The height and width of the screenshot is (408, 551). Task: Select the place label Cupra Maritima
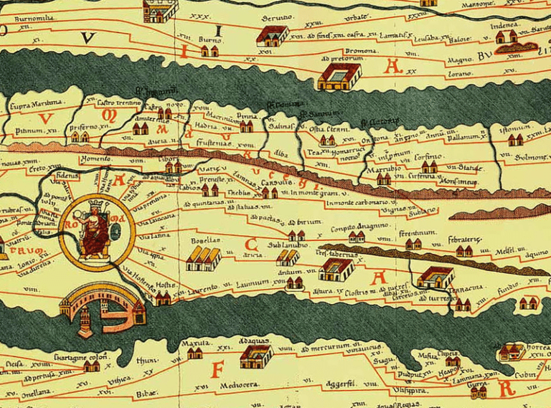[36, 105]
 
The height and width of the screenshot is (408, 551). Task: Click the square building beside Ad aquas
[255, 355]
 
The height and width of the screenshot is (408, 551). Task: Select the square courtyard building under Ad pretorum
[338, 77]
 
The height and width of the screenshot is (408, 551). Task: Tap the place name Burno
[208, 41]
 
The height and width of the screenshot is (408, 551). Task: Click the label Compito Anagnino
[364, 226]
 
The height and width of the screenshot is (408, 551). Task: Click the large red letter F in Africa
[219, 369]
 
